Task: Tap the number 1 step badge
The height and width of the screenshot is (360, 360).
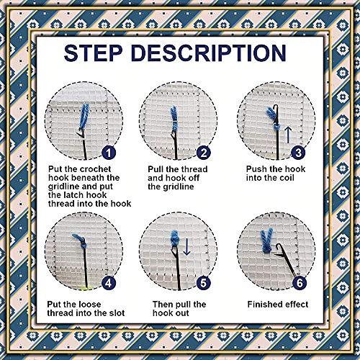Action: (107, 153)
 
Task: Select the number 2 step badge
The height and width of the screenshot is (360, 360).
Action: (204, 153)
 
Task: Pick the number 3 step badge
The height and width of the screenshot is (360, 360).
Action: (297, 153)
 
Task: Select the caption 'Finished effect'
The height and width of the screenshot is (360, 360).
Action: (276, 305)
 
